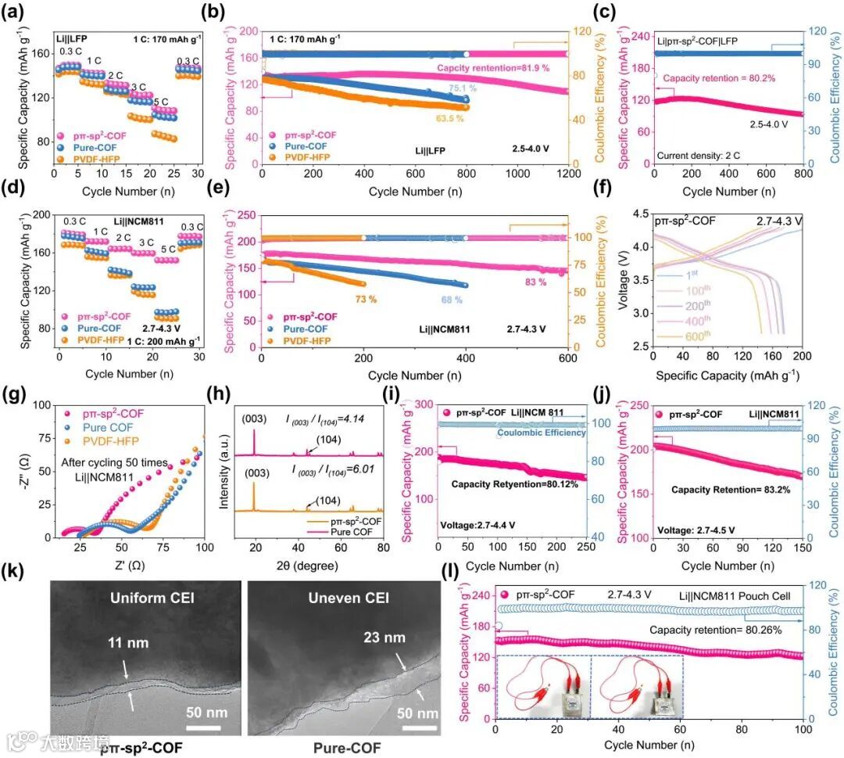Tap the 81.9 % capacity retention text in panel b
(x=490, y=68)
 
